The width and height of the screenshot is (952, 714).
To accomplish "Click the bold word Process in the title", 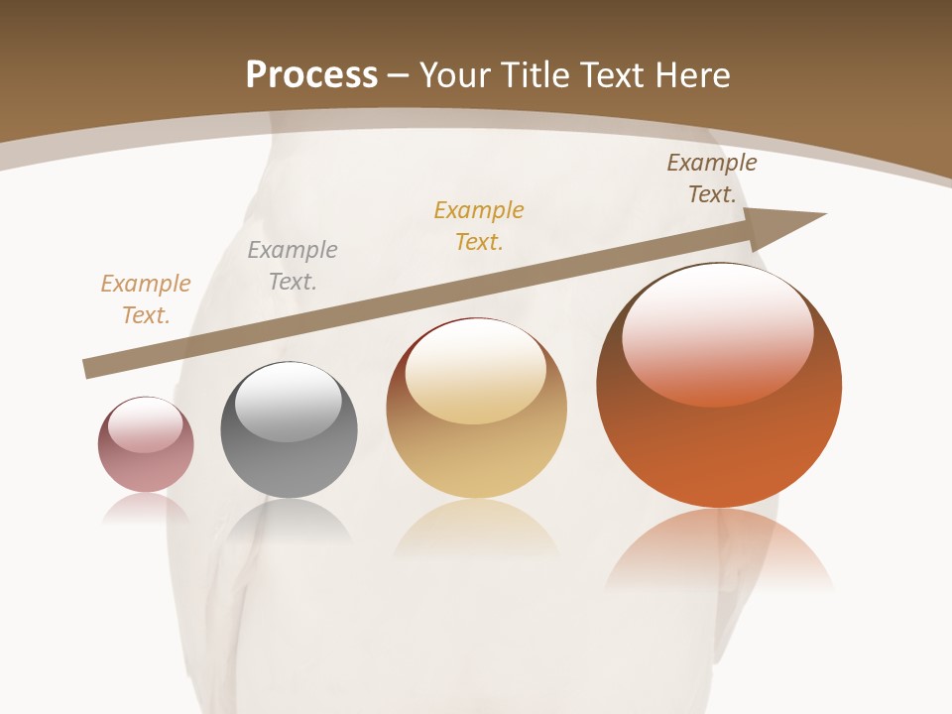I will [x=311, y=75].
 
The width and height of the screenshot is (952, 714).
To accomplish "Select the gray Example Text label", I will [x=293, y=266].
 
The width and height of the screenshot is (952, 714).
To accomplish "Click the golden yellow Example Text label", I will [x=479, y=226].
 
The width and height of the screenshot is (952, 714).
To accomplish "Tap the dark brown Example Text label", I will [x=711, y=178].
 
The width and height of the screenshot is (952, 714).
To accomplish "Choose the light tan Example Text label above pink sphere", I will [x=146, y=299].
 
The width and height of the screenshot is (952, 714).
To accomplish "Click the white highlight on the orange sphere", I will [x=718, y=332].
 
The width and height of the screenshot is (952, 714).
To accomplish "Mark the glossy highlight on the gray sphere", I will [x=288, y=400].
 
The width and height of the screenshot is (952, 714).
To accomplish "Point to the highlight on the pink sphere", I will [x=145, y=424].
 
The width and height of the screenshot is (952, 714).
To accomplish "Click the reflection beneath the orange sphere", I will [x=719, y=550].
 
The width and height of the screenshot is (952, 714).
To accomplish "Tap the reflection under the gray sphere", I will [x=289, y=521].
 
